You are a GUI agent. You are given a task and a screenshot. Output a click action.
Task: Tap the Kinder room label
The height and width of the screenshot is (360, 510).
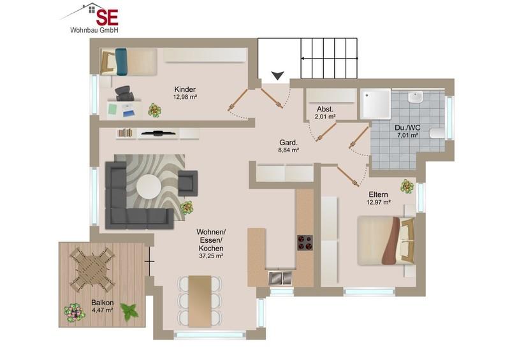(x=185, y=89)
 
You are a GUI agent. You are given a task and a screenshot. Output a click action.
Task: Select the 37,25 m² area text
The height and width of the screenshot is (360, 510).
(x=211, y=256)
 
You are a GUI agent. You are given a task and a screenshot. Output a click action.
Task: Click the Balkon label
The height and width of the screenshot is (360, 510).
(x=103, y=303)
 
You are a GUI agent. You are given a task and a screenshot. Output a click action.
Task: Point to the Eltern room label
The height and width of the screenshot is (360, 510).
(x=378, y=194)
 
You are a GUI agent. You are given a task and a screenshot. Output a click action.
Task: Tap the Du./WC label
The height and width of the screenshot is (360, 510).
(x=407, y=128)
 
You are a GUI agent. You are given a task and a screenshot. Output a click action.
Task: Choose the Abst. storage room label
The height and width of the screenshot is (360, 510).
(x=325, y=109)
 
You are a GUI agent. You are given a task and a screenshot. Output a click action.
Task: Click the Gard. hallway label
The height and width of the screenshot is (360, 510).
(x=289, y=143)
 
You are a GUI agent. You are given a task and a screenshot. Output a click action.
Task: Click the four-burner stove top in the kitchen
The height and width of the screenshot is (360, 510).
(x=305, y=243)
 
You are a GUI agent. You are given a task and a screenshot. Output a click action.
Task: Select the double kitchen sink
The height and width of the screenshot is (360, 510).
(x=280, y=278)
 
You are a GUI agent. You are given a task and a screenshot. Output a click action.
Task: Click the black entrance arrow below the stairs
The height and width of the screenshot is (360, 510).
(x=278, y=75)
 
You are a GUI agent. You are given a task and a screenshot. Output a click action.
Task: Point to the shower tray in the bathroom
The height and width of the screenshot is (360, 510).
(x=375, y=104)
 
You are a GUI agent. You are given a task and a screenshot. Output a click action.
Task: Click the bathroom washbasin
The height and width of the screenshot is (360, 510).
(x=416, y=97)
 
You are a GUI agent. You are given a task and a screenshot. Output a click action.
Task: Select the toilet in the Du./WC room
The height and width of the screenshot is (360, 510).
(x=437, y=133)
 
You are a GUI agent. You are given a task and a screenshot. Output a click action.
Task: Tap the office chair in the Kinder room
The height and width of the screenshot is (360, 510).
(x=124, y=93)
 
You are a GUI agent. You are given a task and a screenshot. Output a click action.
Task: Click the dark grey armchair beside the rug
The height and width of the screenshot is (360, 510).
(x=187, y=183)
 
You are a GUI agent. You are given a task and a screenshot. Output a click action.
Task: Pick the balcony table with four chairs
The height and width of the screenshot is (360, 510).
(x=92, y=270)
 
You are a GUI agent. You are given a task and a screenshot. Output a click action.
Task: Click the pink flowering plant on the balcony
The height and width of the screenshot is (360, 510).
(x=75, y=312)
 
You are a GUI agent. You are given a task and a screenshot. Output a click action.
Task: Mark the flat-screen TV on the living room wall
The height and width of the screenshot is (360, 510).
(x=158, y=133)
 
